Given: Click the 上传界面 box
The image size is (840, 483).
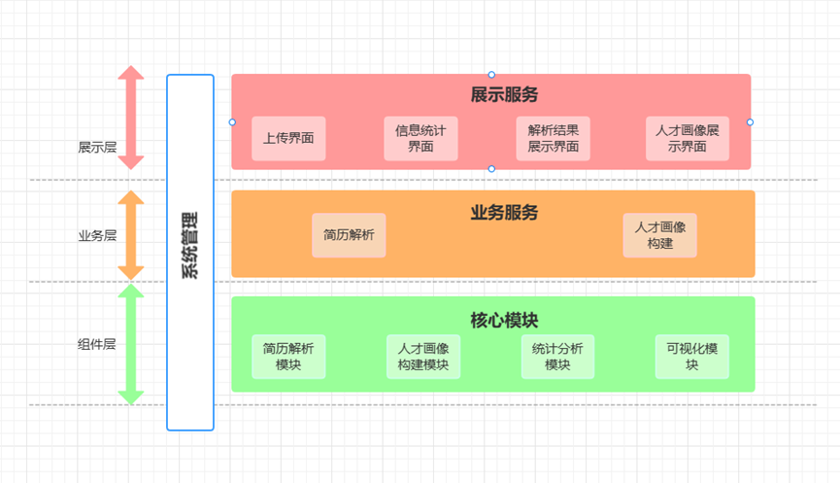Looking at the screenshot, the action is point(288,138).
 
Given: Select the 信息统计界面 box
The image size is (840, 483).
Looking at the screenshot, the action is point(420,138).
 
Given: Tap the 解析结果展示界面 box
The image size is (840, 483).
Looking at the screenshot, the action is point(553,138).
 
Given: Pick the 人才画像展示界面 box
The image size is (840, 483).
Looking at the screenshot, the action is point(688,138).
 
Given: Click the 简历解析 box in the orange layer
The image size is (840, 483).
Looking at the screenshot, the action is point(349,235).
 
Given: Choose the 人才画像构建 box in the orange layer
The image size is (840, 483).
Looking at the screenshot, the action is point(660,235).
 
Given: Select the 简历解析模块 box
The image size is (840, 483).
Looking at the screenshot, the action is point(288,357).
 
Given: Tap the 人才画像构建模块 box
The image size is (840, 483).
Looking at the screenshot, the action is point(423,357).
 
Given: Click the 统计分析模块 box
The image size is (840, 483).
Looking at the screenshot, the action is point(557,357).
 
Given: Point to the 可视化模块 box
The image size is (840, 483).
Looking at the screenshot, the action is point(692,357).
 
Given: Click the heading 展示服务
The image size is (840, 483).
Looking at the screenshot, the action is point(504,95).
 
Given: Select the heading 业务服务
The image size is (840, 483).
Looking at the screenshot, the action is point(504,213).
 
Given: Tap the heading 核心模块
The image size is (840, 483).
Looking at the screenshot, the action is point(504,321).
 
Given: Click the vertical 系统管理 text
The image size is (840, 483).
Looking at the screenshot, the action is point(189,245).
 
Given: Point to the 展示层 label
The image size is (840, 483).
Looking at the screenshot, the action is point(97,148).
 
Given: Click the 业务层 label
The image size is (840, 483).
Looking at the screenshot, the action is point(97,236).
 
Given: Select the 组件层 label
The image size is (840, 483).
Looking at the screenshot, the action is point(97,344).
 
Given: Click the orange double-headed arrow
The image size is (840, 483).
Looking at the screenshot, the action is point(131,235).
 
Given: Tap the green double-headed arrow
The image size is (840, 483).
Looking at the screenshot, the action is point(131,344).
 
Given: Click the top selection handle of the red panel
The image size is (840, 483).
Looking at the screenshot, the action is point(491,75).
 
